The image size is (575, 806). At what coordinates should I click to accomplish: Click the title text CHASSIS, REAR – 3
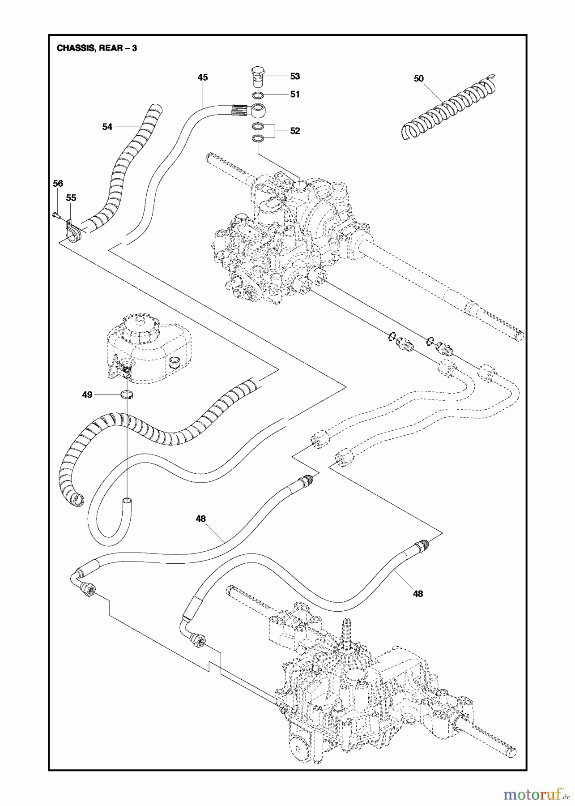click(x=97, y=48)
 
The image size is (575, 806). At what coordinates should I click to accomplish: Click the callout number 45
click(x=203, y=77)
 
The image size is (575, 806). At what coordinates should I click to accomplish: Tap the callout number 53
click(x=295, y=76)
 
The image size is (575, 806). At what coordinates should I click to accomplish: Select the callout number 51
click(x=295, y=94)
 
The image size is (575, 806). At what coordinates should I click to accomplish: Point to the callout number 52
click(x=295, y=131)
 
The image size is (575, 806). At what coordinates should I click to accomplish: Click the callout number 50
click(x=418, y=78)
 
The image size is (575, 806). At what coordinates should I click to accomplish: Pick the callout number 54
click(x=107, y=127)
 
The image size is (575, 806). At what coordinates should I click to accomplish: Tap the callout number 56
click(x=58, y=183)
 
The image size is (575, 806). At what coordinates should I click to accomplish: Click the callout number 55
click(x=71, y=197)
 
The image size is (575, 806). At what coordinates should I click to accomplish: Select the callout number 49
click(x=87, y=394)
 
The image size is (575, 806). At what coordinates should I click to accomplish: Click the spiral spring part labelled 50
click(x=447, y=110)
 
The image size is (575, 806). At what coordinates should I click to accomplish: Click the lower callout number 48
click(x=417, y=594)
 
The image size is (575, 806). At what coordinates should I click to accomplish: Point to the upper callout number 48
click(x=200, y=519)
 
